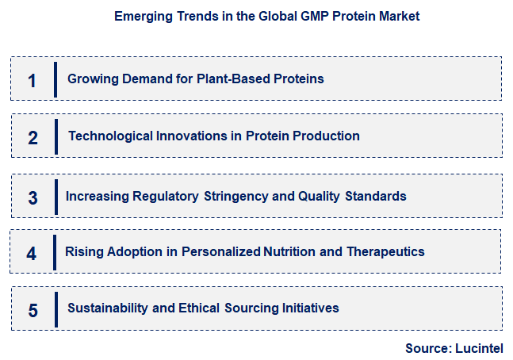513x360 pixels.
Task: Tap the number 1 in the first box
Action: (32, 81)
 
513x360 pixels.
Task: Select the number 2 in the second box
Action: (33, 138)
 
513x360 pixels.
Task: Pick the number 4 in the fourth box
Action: (32, 254)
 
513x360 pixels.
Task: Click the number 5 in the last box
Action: (33, 310)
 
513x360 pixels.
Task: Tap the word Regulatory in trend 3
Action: (165, 196)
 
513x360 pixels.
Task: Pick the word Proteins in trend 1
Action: (299, 79)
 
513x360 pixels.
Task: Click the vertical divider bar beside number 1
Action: (56, 79)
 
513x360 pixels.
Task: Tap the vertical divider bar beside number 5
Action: (56, 308)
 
